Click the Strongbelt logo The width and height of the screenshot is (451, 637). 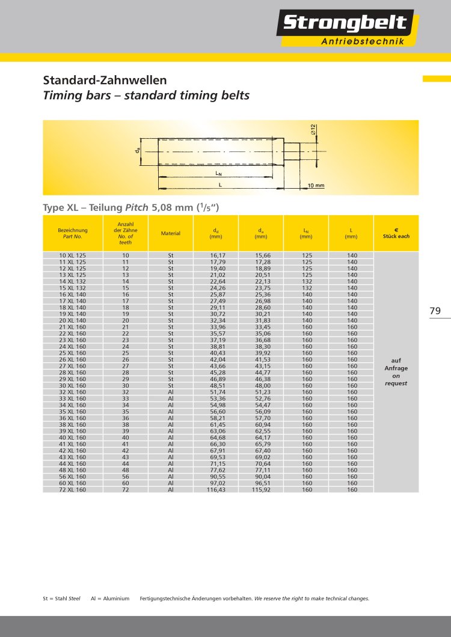coord(345,24)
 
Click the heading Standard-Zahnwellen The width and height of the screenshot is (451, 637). coord(105,80)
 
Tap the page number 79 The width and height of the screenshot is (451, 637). coord(435,311)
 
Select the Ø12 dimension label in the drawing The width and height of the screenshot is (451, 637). coord(313,129)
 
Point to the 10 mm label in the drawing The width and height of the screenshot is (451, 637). coord(316,186)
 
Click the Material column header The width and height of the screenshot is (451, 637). coord(171,233)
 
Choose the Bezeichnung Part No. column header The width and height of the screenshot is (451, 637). coord(72,233)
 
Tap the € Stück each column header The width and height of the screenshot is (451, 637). coord(396,233)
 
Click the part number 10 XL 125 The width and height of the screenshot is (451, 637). coord(72,255)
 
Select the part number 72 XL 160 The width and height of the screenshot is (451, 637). coord(72,490)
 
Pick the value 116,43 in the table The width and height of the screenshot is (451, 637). coord(215,490)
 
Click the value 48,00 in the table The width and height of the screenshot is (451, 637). coord(261,386)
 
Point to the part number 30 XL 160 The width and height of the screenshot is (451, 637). coord(72,386)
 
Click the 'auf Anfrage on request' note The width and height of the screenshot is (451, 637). coord(396,371)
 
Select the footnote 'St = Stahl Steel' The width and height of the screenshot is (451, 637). coord(61,599)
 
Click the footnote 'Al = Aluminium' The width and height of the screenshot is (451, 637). coord(110,599)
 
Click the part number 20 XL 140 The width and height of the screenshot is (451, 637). coord(72,320)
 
